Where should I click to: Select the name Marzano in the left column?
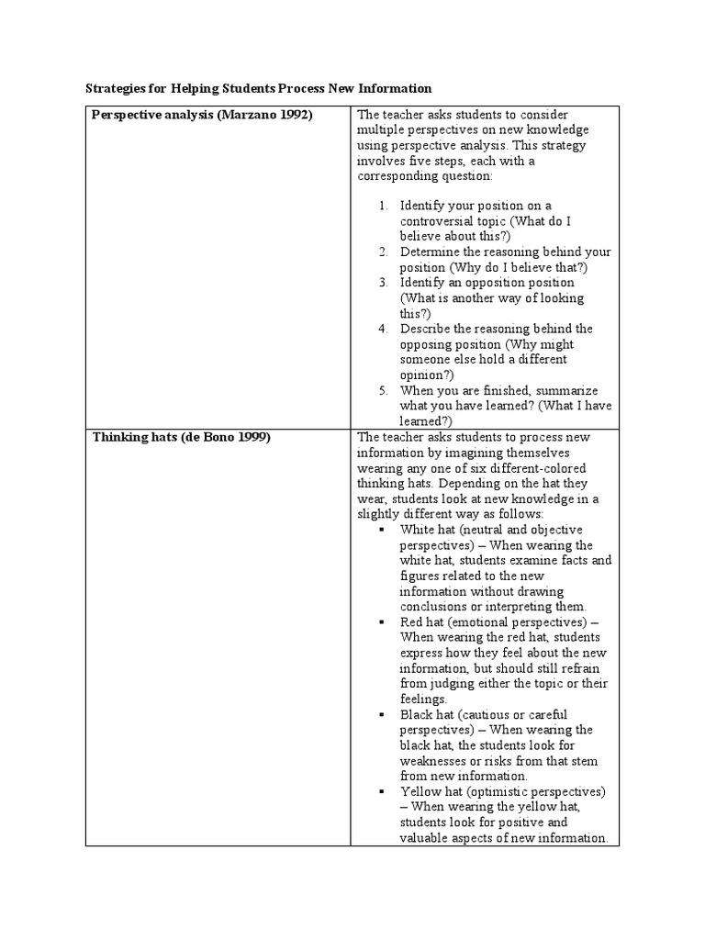click(x=246, y=115)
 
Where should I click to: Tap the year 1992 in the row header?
click(x=293, y=115)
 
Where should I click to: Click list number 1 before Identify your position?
click(x=384, y=206)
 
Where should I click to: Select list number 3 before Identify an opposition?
click(x=384, y=283)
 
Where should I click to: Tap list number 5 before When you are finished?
click(x=384, y=390)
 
